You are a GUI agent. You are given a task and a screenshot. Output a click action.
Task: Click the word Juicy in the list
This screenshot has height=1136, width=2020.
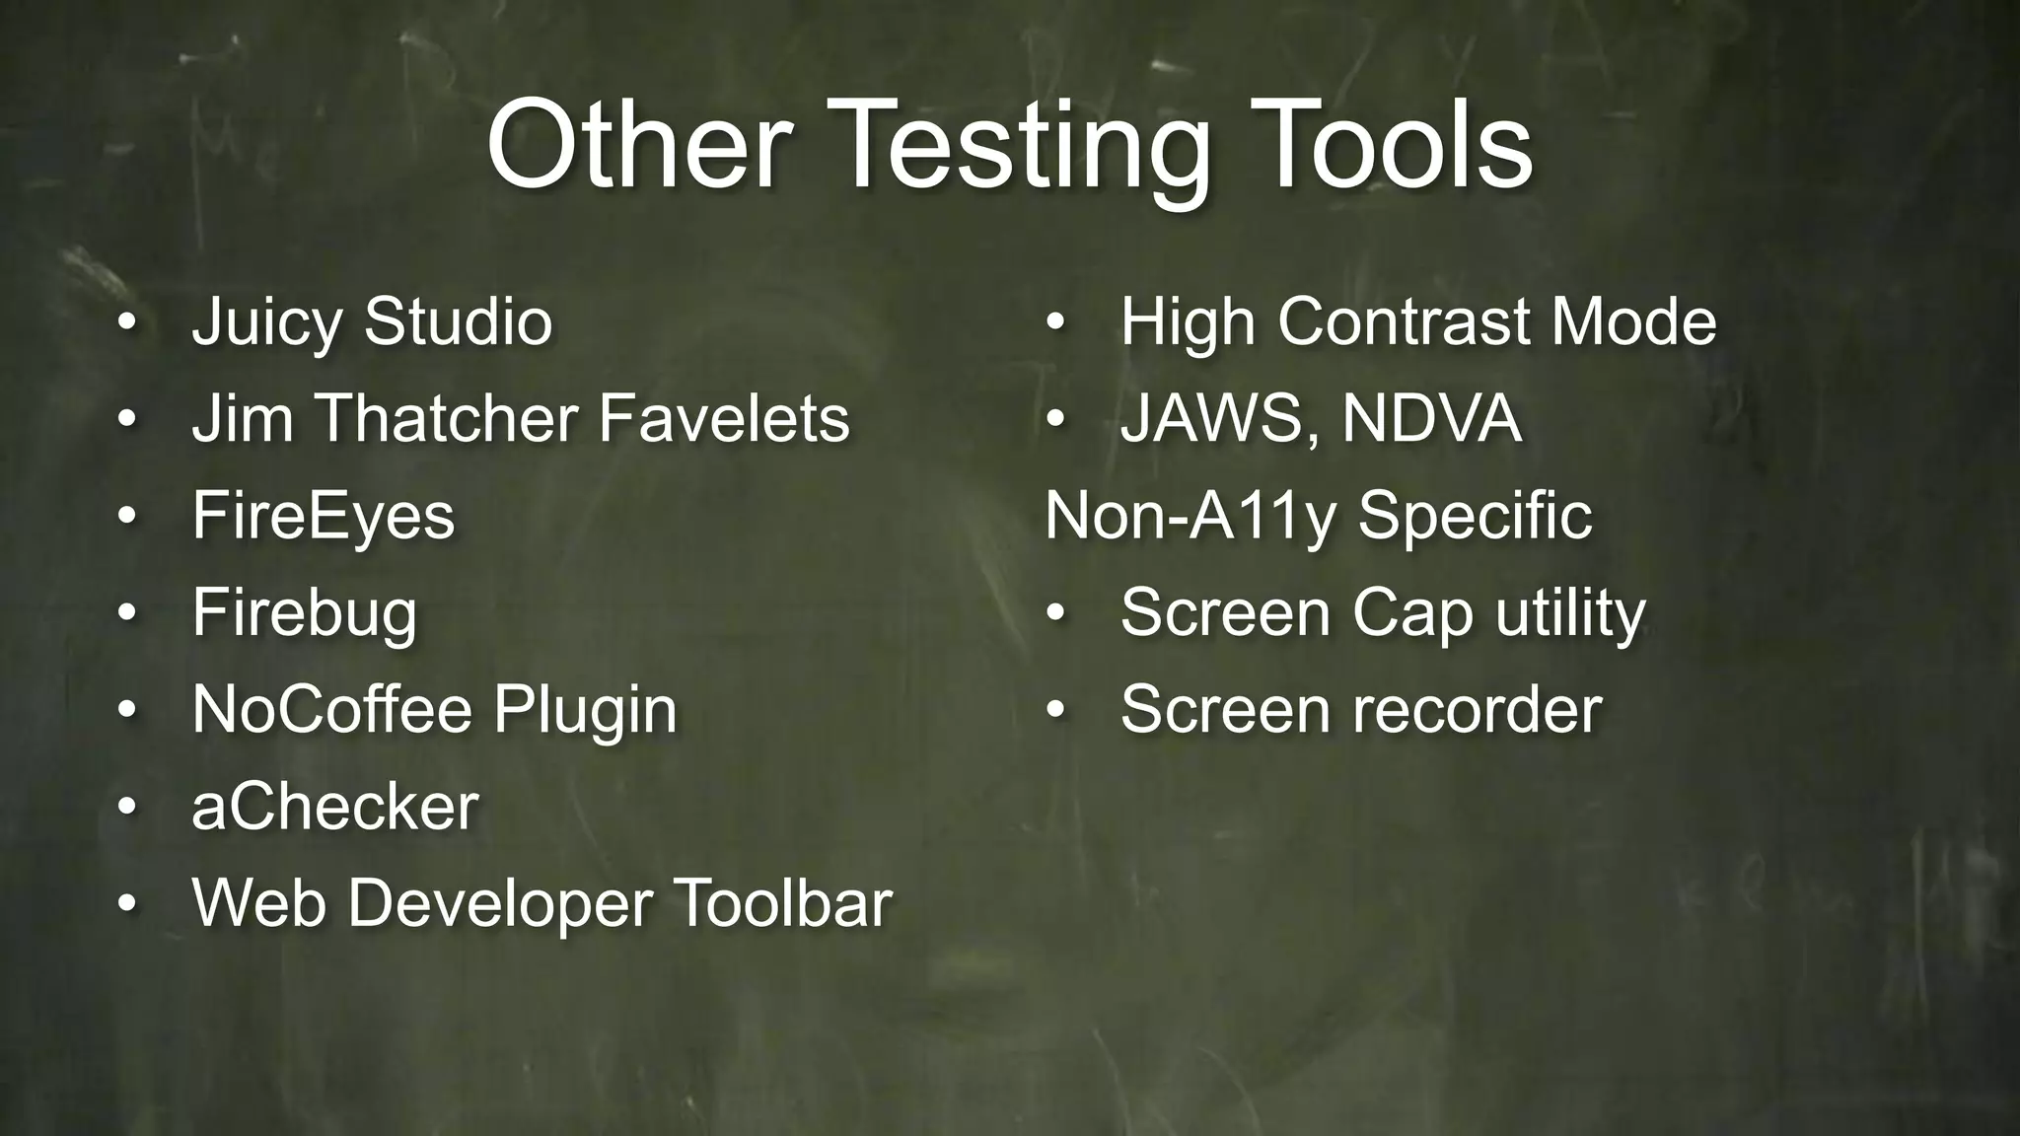[x=266, y=323]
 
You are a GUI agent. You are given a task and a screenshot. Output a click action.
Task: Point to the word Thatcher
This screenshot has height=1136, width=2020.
[x=447, y=418]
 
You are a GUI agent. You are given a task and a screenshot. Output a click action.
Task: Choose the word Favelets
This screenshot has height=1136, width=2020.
[x=724, y=418]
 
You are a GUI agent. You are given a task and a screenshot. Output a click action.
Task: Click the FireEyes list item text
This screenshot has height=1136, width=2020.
[x=324, y=517]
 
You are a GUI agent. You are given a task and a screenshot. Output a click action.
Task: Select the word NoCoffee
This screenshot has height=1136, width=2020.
[x=332, y=709]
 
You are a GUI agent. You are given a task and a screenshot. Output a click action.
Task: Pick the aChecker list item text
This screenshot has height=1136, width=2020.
[x=335, y=807]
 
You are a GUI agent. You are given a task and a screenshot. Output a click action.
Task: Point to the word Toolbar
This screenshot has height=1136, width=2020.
[x=782, y=902]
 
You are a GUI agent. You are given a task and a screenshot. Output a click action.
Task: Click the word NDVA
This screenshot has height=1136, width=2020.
[x=1431, y=418]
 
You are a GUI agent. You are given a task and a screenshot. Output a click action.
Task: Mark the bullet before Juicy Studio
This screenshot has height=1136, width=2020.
[x=125, y=323]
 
